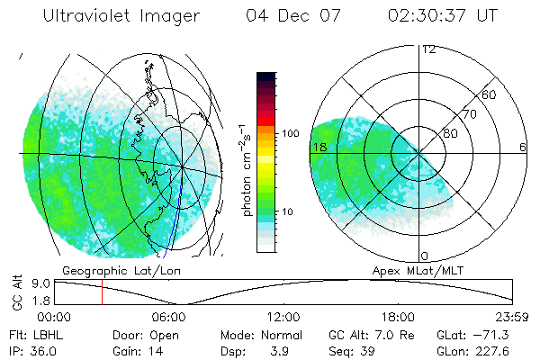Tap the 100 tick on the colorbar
point(291,133)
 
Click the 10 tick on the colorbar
point(288,212)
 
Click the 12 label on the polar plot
point(429,49)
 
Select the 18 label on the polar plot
point(319,148)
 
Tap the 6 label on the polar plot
point(523,148)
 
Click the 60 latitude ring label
point(490,94)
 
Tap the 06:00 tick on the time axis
point(168,318)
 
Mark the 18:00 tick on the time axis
point(399,318)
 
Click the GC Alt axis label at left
point(14,292)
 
